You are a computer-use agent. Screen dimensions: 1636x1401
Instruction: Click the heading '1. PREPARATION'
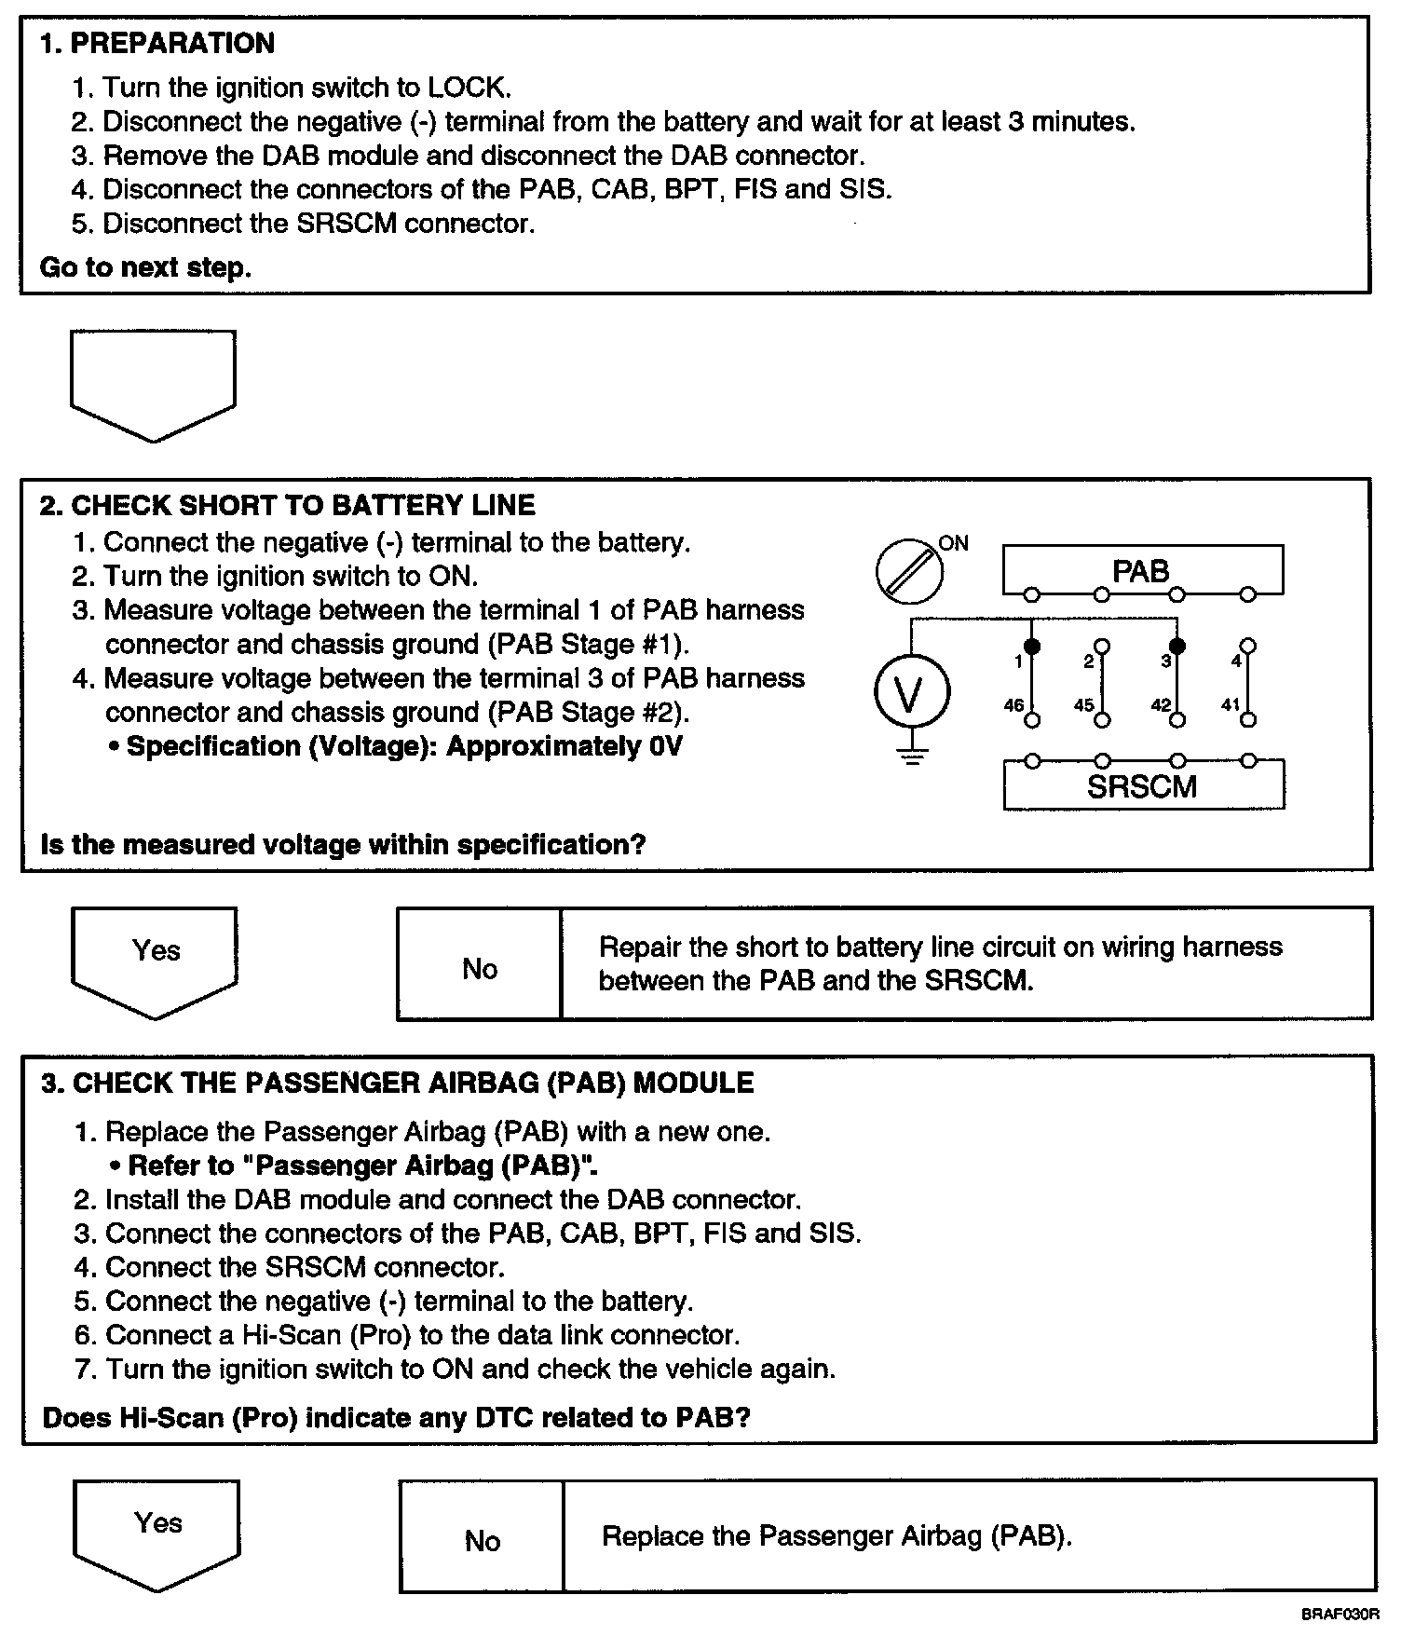(x=156, y=44)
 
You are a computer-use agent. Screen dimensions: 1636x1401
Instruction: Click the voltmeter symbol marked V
(x=911, y=693)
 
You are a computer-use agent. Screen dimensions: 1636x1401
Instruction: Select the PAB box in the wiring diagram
(x=1142, y=570)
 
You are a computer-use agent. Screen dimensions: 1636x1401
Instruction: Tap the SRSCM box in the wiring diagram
(x=1142, y=786)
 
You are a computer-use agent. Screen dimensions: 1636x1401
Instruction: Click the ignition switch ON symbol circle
(x=908, y=570)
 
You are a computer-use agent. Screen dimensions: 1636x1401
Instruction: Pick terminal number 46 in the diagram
(x=1014, y=705)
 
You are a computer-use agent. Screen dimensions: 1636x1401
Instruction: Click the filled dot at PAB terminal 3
(x=1177, y=646)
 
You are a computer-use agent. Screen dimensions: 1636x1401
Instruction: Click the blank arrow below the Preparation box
(x=153, y=382)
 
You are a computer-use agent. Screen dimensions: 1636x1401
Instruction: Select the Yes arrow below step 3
(x=157, y=1532)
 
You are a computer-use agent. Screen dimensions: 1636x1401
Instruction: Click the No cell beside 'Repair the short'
(x=480, y=969)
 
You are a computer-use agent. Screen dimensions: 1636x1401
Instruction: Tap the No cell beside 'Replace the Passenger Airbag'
(x=482, y=1541)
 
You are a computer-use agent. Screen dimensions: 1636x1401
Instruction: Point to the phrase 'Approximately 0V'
(x=564, y=747)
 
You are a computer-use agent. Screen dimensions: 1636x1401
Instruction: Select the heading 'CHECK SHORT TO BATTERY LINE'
(x=303, y=506)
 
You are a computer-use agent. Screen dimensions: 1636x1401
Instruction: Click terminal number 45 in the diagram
(x=1084, y=705)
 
